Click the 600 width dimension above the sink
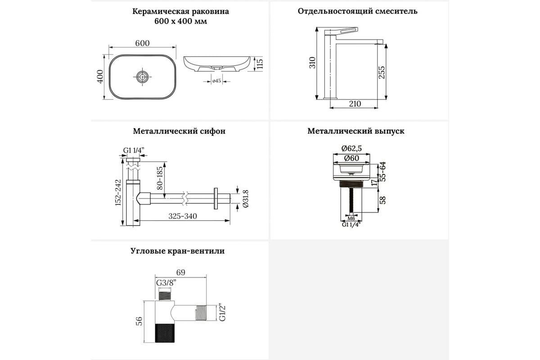point(142,43)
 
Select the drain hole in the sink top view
point(142,77)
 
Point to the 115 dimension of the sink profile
point(259,64)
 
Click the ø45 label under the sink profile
point(216,81)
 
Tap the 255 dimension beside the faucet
point(381,72)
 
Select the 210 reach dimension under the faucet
point(355,104)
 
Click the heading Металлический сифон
point(179,131)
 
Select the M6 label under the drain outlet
point(351,218)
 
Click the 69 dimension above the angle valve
point(180,272)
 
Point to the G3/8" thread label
point(166,283)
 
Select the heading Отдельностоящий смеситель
point(357,11)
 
